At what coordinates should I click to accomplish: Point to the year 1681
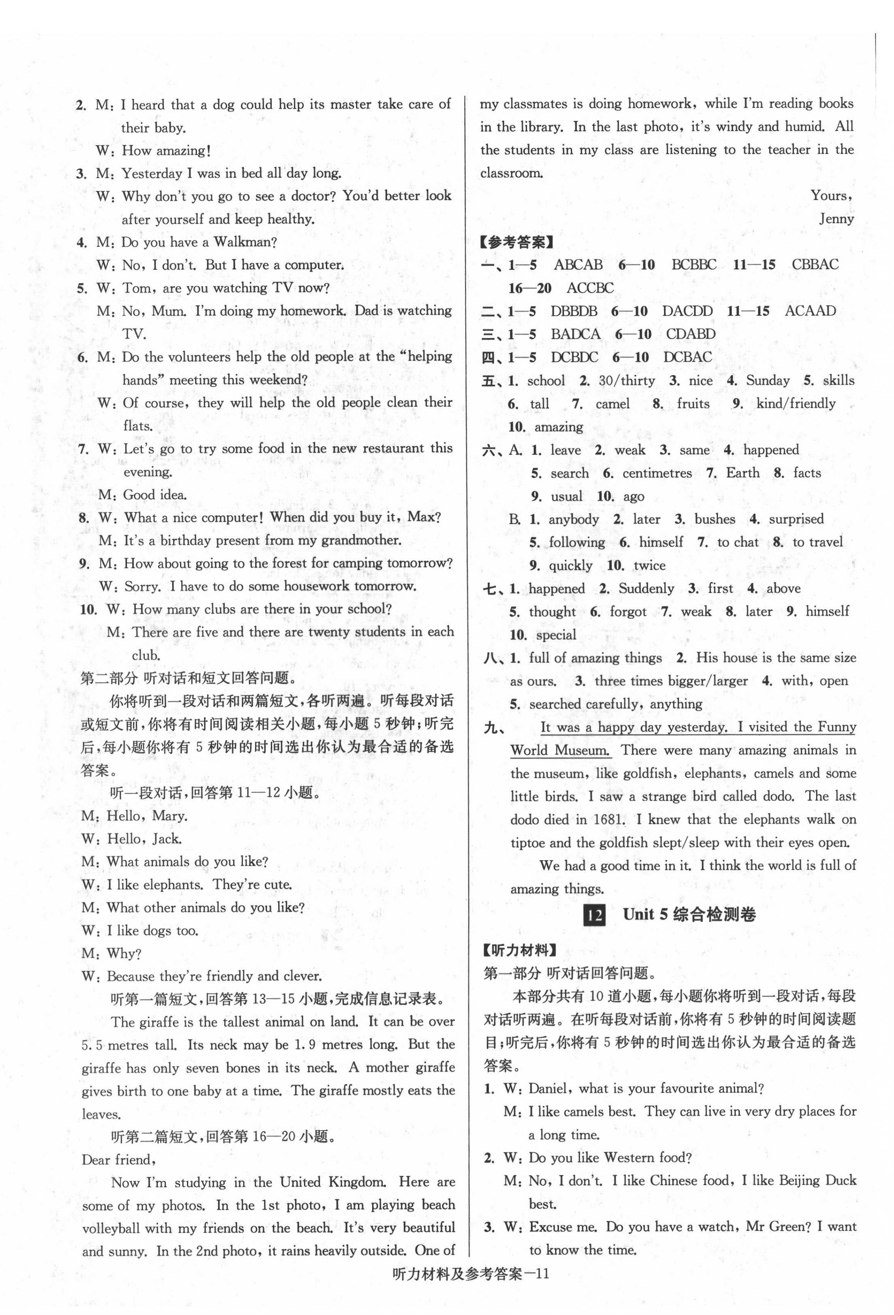click(x=609, y=819)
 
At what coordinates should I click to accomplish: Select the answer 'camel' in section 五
click(x=612, y=404)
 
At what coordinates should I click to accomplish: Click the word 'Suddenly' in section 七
click(x=646, y=589)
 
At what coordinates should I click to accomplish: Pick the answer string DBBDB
click(x=573, y=311)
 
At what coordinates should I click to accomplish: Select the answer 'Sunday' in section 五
click(x=768, y=381)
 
